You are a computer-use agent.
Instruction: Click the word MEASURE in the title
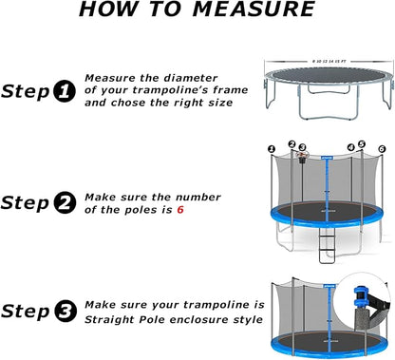pyautogui.click(x=254, y=10)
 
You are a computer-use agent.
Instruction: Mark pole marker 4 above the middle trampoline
pyautogui.click(x=350, y=146)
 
